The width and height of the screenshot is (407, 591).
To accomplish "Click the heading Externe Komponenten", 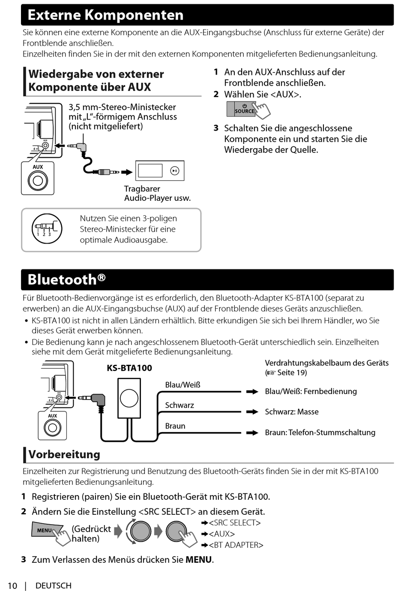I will coord(105,15).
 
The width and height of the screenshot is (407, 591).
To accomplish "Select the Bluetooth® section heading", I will coord(66,280).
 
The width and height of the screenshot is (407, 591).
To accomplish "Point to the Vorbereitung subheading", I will coord(64,454).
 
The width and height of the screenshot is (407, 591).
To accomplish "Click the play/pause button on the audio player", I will coord(174,170).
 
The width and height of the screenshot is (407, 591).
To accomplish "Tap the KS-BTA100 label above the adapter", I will coord(129,368).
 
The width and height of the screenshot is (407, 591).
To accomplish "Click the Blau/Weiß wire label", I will coord(183,385).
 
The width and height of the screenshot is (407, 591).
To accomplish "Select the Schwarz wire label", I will coord(180,405).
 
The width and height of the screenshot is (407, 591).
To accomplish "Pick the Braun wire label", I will coord(175,426).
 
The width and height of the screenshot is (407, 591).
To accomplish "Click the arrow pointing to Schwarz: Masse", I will coord(252,412).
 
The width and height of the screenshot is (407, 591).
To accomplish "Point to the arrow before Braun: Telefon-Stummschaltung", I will coord(252,433).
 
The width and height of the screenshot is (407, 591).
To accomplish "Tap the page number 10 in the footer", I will coord(12,585).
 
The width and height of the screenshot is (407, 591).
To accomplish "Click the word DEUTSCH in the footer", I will coord(54,585).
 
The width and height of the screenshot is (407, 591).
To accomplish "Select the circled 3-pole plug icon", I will coord(47,229).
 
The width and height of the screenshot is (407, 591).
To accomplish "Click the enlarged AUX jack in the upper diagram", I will coord(38,180).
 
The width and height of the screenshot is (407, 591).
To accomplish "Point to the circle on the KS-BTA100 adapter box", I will coord(129,398).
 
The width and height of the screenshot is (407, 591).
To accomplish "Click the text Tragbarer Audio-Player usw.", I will coord(157,193).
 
